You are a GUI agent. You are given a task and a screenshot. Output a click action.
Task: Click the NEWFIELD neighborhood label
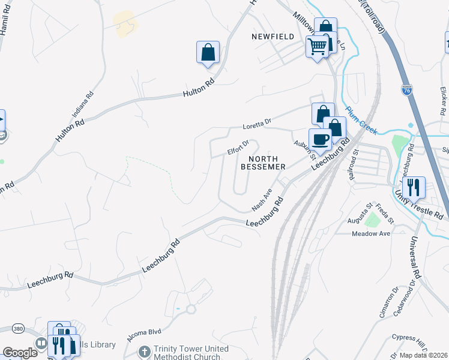273,37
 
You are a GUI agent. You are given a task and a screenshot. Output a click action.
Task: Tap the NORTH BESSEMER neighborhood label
262,162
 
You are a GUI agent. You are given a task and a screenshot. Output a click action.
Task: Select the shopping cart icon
317,46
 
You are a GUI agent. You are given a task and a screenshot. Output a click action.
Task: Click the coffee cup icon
319,140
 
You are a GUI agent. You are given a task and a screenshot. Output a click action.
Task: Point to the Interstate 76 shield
406,91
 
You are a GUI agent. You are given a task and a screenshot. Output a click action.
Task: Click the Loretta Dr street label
257,125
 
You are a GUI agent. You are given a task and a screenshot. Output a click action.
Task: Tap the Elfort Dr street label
238,146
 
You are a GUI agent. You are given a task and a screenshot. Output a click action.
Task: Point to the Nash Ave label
262,200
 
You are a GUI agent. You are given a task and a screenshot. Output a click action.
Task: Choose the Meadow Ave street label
371,233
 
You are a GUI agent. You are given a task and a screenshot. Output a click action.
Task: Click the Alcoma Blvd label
145,335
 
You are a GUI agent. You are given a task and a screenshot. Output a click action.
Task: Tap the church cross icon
143,351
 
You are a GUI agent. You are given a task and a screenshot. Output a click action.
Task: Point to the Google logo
20,353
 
